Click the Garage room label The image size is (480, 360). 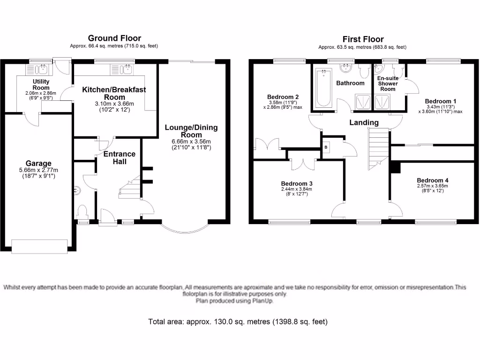tap(39, 164)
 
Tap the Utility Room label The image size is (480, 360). tap(41, 85)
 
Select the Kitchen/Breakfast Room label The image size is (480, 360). tap(114, 93)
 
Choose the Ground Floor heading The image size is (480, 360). tap(114, 38)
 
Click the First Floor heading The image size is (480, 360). tap(363, 39)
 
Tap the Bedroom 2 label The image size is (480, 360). tap(284, 97)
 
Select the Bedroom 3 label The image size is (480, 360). tap(296, 183)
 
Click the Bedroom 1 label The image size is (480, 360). tap(440, 101)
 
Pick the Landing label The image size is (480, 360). tap(364, 123)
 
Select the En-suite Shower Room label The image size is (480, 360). tap(388, 84)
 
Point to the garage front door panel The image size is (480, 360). tap(40, 246)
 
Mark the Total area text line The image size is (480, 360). tap(238, 322)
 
